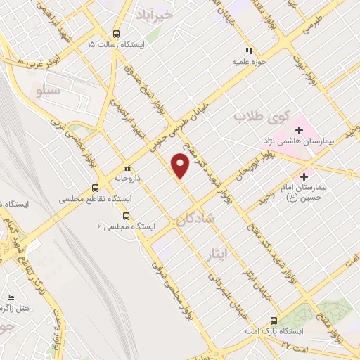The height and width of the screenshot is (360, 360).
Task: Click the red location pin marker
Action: [181, 166]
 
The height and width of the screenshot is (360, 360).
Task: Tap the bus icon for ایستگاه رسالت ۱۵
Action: [116, 34]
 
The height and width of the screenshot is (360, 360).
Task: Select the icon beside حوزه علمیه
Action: [247, 51]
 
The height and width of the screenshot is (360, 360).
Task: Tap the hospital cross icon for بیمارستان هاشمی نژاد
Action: [299, 130]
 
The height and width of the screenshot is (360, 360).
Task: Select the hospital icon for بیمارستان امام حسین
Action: [304, 176]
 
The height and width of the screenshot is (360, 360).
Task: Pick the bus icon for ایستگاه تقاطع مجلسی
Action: [95, 188]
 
